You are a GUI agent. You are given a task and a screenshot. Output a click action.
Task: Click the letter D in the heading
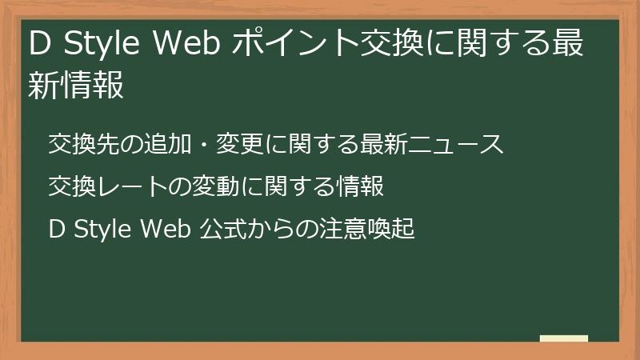(x=38, y=46)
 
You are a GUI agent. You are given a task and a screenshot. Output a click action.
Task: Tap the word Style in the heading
(x=100, y=46)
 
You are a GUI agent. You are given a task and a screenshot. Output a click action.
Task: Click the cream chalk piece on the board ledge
(x=563, y=338)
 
